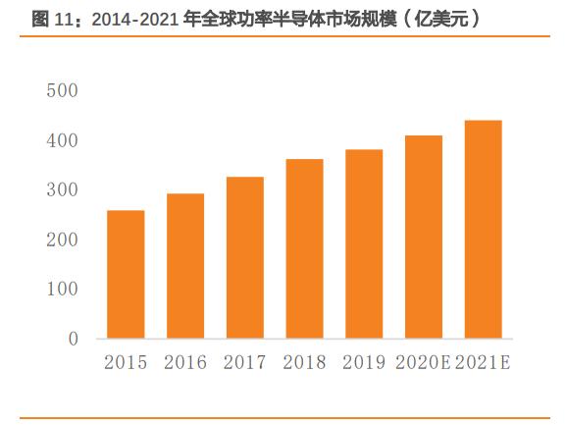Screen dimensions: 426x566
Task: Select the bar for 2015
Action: pos(125,275)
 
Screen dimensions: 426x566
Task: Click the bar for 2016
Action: pos(184,266)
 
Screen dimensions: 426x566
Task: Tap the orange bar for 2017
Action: pos(244,258)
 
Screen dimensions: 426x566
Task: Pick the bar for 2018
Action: pos(304,249)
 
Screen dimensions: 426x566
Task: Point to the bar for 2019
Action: pos(364,244)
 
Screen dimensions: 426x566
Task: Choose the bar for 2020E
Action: pos(424,238)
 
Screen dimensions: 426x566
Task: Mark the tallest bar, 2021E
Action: pos(484,230)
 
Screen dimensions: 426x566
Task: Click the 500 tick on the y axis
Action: pos(62,91)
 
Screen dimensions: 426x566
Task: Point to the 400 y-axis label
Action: pos(62,141)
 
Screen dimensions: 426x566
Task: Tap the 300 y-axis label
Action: pos(62,190)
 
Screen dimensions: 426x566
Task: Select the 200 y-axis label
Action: pos(62,240)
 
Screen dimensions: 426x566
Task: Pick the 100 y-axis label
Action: pos(62,290)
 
